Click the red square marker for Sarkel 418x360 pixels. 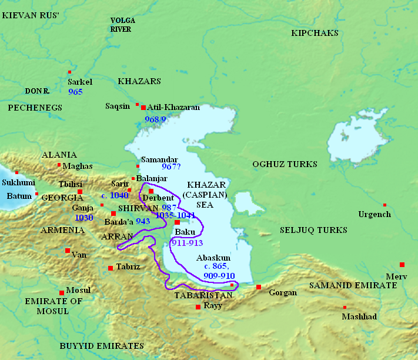(70, 72)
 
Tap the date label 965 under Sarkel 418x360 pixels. (75, 92)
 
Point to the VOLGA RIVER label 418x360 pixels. (123, 25)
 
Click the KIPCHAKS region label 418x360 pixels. (315, 33)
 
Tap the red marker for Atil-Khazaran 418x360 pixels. (143, 107)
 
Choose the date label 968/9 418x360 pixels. (156, 119)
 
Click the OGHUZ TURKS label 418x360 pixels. (285, 164)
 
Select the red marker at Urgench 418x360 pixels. (384, 205)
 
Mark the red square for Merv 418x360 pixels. (402, 265)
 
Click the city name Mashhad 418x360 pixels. (359, 316)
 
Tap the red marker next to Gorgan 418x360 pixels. (259, 287)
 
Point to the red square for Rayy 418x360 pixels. (198, 307)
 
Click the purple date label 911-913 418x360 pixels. (187, 242)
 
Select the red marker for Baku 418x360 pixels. (177, 222)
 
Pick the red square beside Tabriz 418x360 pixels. (111, 268)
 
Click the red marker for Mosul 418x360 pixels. (62, 292)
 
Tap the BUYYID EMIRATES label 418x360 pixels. (102, 346)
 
